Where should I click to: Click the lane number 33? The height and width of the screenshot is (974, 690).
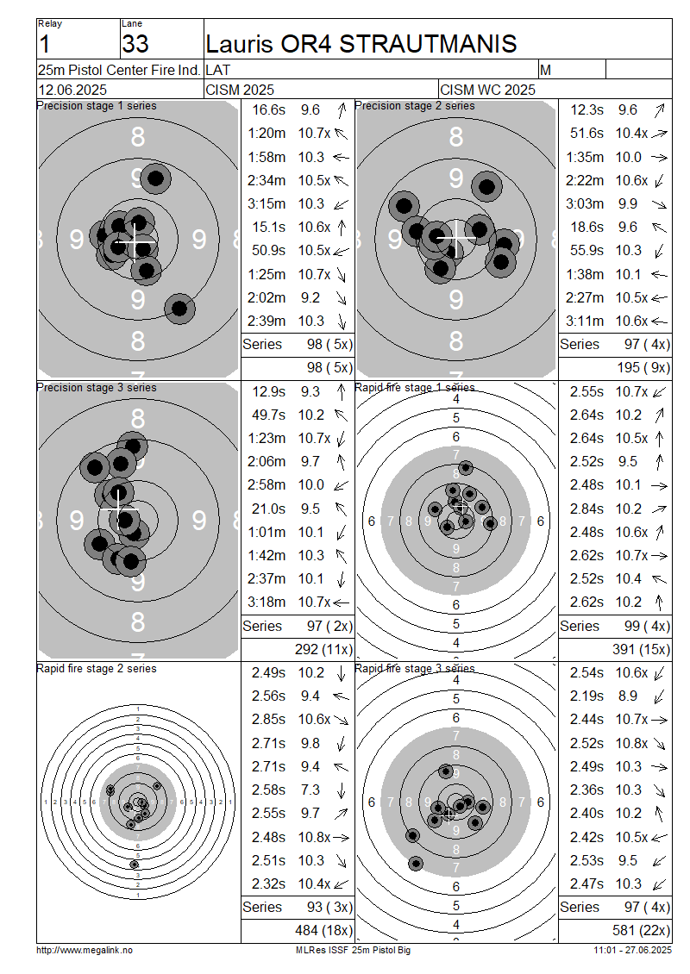135,44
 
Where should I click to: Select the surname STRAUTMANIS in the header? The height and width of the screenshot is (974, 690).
428,43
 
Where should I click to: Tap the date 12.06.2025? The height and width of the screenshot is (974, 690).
72,90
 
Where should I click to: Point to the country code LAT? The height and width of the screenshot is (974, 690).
217,70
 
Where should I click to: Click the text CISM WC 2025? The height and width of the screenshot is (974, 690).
487,90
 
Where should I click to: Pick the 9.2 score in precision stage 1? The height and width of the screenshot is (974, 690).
310,297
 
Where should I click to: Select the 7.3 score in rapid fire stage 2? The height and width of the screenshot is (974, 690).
310,790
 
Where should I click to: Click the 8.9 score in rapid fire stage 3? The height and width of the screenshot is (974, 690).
628,696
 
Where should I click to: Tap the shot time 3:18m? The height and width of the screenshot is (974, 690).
267,602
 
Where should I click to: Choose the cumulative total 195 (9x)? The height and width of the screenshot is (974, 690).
643,367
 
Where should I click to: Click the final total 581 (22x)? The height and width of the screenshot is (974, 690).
641,930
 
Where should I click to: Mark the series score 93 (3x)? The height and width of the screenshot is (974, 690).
329,907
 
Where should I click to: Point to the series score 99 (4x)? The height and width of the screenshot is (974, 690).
647,626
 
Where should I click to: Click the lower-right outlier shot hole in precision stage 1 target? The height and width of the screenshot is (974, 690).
179,308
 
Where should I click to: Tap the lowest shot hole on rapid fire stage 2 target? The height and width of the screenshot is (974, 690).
135,864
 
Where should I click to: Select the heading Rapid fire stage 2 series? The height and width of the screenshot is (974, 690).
97,668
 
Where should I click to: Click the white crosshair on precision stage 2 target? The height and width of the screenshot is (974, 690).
456,238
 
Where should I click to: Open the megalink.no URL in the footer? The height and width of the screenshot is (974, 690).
85,950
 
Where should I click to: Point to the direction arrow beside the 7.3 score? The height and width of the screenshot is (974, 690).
342,790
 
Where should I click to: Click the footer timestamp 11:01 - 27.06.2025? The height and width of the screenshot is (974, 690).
632,950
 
